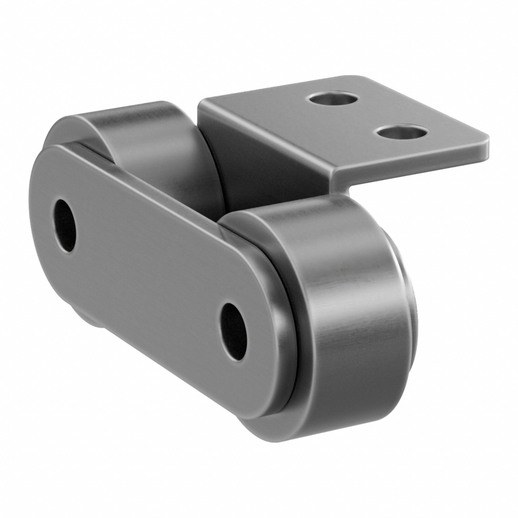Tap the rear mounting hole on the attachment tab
pyautogui.click(x=333, y=100)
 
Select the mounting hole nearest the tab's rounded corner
pyautogui.click(x=401, y=133)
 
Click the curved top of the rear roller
pyautogui.click(x=139, y=115)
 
